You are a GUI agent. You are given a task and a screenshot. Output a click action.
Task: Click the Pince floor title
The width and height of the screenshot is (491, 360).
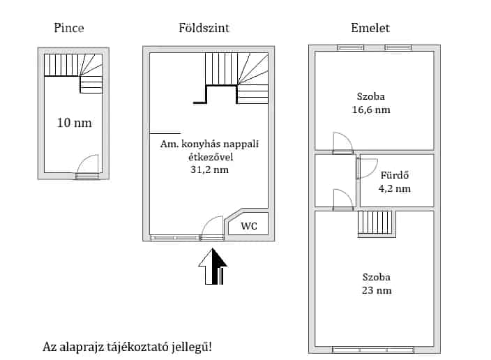click(x=69, y=29)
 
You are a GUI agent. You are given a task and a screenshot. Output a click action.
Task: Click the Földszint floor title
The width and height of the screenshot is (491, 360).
click(x=204, y=29)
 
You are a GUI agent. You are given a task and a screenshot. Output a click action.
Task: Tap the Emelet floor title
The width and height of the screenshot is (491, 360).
click(x=370, y=29)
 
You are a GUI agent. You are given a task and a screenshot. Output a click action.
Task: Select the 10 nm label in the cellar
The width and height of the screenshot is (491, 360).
click(x=74, y=123)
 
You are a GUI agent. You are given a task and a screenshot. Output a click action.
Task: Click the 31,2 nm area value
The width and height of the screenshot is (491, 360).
click(x=209, y=170)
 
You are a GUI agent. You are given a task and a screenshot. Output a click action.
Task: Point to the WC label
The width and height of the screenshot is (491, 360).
click(x=249, y=226)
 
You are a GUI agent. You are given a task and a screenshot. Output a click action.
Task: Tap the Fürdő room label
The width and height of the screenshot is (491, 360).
click(x=394, y=175)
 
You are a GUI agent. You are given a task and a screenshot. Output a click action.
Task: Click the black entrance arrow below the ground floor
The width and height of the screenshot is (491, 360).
click(x=213, y=267)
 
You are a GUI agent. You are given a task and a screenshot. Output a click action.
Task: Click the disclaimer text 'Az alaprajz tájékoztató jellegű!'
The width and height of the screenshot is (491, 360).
click(x=127, y=346)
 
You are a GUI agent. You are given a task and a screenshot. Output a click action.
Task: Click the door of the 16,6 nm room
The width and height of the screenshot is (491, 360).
click(x=342, y=143)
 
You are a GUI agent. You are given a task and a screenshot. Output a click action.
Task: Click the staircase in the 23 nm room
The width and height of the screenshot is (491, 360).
click(x=376, y=225)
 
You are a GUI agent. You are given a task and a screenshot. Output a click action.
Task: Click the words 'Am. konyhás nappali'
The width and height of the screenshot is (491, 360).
click(x=209, y=144)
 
